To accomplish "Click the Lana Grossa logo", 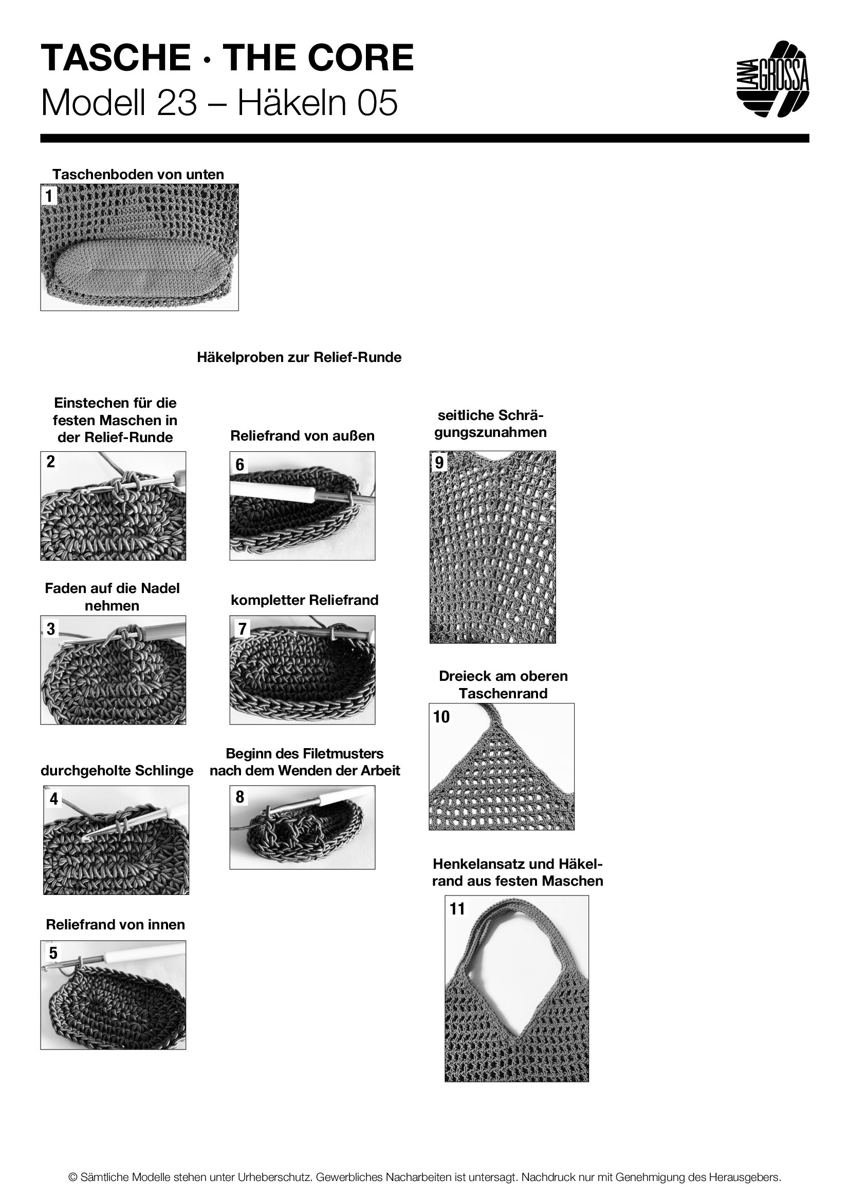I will click(x=772, y=80).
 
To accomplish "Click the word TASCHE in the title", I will click(x=116, y=58).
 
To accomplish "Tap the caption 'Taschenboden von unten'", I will click(x=138, y=175).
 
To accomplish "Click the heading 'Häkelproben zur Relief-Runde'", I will click(x=299, y=358).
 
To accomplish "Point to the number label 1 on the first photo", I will click(x=50, y=196).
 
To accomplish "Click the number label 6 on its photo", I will click(x=239, y=465).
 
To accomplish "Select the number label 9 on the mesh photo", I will click(x=439, y=463).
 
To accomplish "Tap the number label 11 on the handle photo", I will click(x=457, y=909).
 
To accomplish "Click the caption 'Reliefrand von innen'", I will click(x=115, y=924).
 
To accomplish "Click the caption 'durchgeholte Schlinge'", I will click(x=117, y=771).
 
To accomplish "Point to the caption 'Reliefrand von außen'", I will click(x=302, y=436).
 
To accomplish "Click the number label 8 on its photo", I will click(x=239, y=797).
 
